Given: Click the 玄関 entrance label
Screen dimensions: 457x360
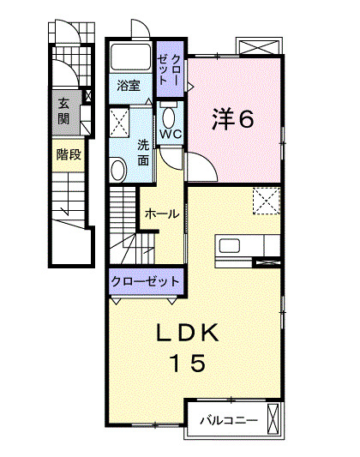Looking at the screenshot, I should coord(64,111).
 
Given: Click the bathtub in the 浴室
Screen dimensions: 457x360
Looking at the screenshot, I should coord(131,59).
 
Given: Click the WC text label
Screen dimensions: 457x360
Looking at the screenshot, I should coord(170,135).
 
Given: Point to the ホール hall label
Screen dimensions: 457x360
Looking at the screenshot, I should coord(161,214).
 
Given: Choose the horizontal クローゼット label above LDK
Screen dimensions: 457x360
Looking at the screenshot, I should coord(145,280).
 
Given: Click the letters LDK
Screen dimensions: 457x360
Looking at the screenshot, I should coord(189,332).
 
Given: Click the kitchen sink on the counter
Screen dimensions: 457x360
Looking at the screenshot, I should coord(231,247).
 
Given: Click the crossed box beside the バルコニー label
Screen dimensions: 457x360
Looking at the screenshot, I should coord(273,420).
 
